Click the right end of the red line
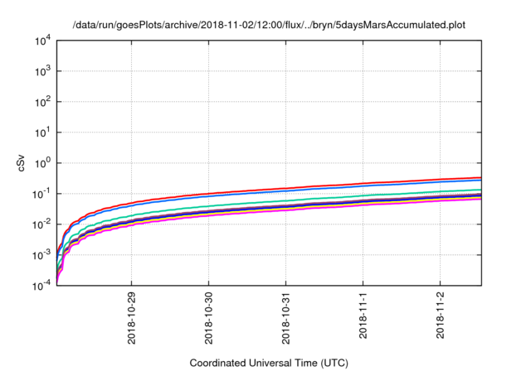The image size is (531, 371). click(480, 177)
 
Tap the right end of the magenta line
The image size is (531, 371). click(480, 199)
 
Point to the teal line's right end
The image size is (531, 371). click(480, 190)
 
